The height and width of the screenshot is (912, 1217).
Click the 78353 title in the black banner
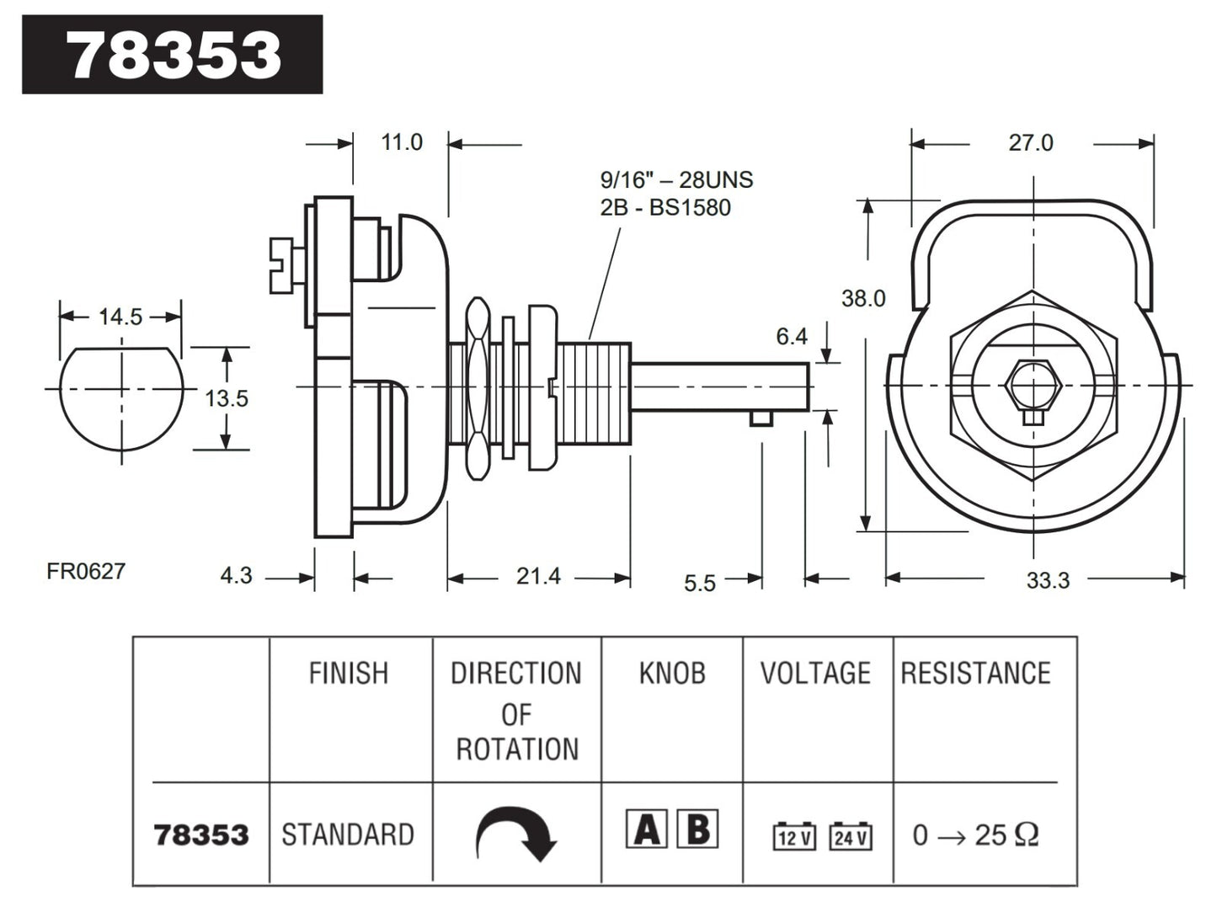(x=173, y=55)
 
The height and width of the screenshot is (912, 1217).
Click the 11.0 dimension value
(x=401, y=142)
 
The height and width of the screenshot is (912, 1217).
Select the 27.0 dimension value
(x=1031, y=143)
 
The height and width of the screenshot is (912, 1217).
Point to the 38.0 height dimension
(x=863, y=298)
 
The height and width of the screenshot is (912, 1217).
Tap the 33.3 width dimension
(x=1048, y=580)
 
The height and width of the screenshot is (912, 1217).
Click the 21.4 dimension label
(x=538, y=577)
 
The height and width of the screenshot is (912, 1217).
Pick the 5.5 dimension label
(x=699, y=583)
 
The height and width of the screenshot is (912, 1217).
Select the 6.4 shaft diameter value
(x=792, y=337)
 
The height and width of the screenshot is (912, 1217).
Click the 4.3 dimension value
(x=236, y=575)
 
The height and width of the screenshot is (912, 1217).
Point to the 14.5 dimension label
(x=120, y=317)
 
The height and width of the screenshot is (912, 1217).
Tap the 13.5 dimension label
(x=227, y=398)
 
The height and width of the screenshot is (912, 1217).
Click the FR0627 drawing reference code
(x=86, y=571)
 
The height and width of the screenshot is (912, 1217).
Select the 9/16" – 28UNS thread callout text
(x=676, y=179)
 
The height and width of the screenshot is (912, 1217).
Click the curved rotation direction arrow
(x=516, y=834)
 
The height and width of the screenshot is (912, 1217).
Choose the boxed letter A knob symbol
(x=647, y=829)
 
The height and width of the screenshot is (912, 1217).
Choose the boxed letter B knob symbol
(x=698, y=829)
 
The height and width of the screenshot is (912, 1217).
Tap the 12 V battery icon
(x=794, y=836)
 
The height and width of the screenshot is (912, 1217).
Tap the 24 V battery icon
(x=850, y=836)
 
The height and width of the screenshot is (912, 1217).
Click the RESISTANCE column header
(x=975, y=674)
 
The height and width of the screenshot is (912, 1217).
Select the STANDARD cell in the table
(x=348, y=835)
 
